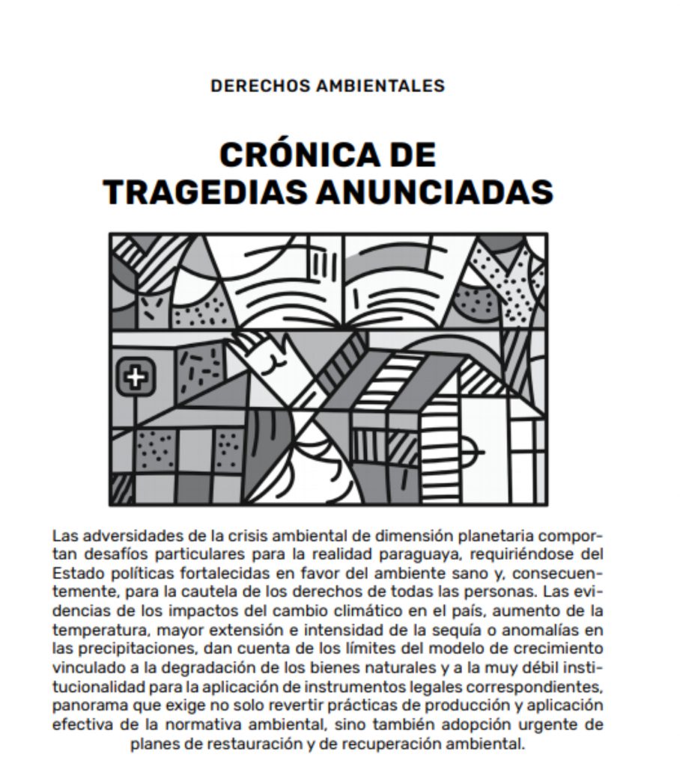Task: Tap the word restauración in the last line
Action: (249, 744)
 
